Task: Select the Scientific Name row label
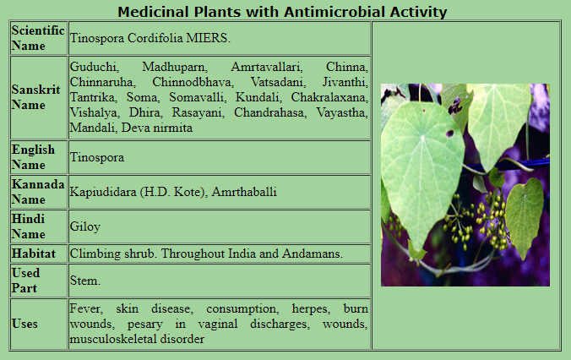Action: [x=37, y=38]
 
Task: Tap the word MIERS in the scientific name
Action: [x=208, y=38]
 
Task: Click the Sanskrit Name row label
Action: [x=35, y=97]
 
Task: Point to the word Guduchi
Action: [x=94, y=67]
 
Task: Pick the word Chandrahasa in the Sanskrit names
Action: [x=269, y=112]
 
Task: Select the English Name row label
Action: [x=33, y=157]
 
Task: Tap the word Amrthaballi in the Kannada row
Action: [x=244, y=192]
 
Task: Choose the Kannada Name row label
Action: [x=38, y=192]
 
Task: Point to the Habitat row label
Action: [x=34, y=254]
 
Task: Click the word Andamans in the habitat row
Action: [x=312, y=254]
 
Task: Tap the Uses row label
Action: [x=24, y=324]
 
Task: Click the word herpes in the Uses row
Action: [x=311, y=309]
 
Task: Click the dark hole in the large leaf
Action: [x=450, y=134]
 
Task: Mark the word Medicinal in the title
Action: [x=154, y=12]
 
